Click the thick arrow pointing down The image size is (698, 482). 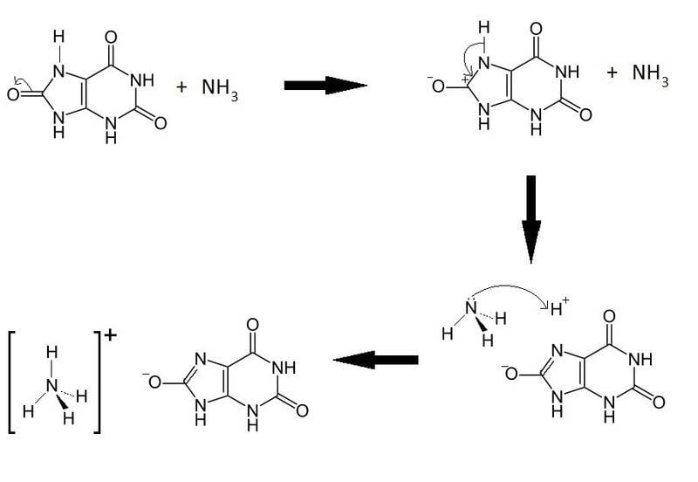pyautogui.click(x=530, y=218)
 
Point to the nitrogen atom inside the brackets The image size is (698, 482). pyautogui.click(x=52, y=384)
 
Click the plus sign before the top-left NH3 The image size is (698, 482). pyautogui.click(x=181, y=87)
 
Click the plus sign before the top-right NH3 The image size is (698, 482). pyautogui.click(x=612, y=72)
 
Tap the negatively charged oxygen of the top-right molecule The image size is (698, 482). pyautogui.click(x=436, y=86)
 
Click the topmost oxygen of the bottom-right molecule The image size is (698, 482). pyautogui.click(x=609, y=316)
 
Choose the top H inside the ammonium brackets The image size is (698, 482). pyautogui.click(x=52, y=353)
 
